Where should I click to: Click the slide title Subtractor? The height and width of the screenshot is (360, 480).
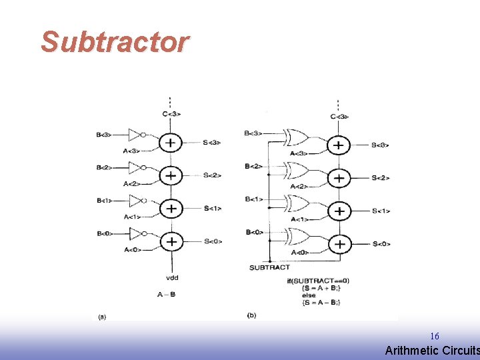click(x=115, y=42)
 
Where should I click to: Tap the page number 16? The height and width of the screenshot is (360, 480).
click(x=435, y=336)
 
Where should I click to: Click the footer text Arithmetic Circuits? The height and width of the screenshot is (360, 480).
click(x=432, y=351)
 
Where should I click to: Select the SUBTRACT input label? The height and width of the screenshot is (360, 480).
click(x=269, y=267)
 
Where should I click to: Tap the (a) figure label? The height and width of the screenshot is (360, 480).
click(x=102, y=316)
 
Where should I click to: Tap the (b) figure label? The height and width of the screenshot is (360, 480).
click(x=251, y=315)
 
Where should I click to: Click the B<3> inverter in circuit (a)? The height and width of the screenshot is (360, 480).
click(x=136, y=135)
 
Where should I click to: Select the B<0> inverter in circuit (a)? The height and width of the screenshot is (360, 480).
click(x=136, y=233)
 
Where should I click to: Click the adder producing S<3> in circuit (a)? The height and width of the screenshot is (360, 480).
click(x=171, y=143)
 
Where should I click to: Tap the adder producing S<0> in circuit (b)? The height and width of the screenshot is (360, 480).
click(x=339, y=244)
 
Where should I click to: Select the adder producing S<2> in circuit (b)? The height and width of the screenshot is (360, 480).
click(x=339, y=178)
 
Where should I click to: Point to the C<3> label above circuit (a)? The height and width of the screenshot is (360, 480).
click(x=171, y=114)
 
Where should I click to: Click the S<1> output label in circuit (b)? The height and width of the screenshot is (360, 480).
click(x=381, y=211)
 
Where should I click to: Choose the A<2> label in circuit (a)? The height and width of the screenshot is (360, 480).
click(x=131, y=183)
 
